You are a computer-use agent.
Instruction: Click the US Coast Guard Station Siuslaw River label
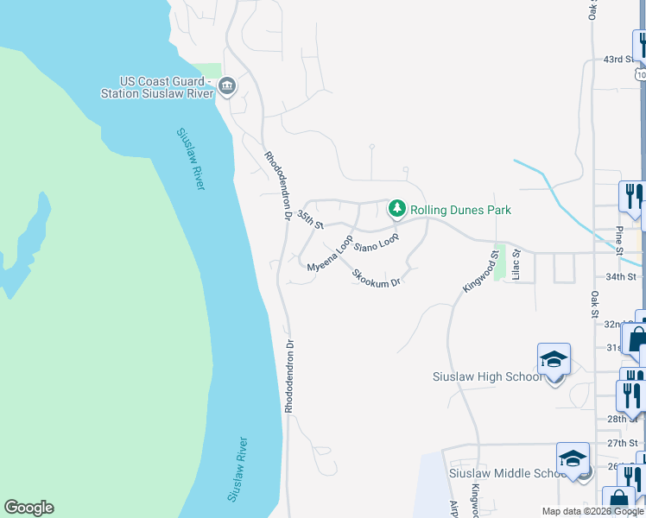pyautogui.click(x=156, y=87)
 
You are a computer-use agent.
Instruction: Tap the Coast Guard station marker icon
pyautogui.click(x=227, y=85)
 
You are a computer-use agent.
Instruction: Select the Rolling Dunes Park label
pyautogui.click(x=460, y=210)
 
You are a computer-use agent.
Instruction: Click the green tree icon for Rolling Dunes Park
pyautogui.click(x=396, y=208)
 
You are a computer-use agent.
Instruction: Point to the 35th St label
pyautogui.click(x=309, y=219)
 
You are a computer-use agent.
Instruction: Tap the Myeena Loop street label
pyautogui.click(x=330, y=254)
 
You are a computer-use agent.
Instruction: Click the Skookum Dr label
pyautogui.click(x=377, y=277)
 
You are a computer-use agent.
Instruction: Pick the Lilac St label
pyautogui.click(x=516, y=265)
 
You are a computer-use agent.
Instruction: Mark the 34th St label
pyautogui.click(x=620, y=276)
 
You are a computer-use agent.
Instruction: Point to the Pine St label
pyautogui.click(x=619, y=239)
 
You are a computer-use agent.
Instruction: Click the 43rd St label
pyautogui.click(x=618, y=60)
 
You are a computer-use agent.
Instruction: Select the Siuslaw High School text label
pyautogui.click(x=488, y=376)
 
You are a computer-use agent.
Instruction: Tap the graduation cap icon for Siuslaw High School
pyautogui.click(x=554, y=358)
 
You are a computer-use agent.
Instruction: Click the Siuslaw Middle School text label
pyautogui.click(x=507, y=473)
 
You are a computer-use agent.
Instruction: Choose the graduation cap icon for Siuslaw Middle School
pyautogui.click(x=573, y=458)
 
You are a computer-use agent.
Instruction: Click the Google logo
pyautogui.click(x=28, y=508)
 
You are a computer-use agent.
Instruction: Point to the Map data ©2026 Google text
pyautogui.click(x=592, y=511)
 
